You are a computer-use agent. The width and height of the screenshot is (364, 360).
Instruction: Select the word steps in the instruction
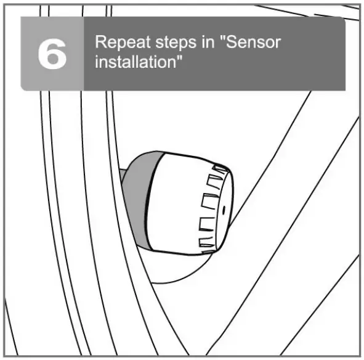pyautogui.click(x=169, y=44)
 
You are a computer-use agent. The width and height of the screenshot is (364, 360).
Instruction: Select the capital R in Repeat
pyautogui.click(x=100, y=44)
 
